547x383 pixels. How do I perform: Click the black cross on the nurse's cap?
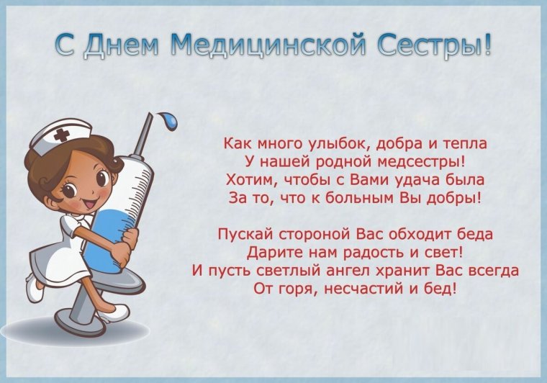[62, 135]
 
